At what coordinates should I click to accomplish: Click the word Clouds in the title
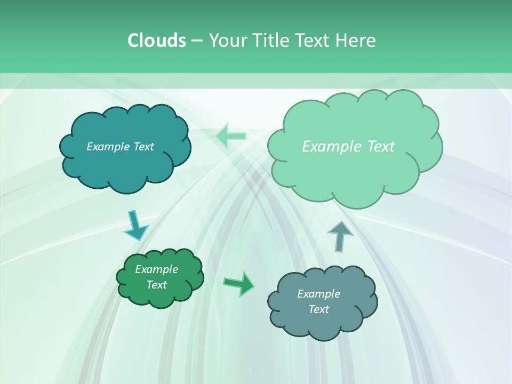pyautogui.click(x=156, y=41)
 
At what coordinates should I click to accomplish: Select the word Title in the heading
pyautogui.click(x=270, y=41)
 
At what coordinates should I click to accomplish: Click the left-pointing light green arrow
pyautogui.click(x=231, y=137)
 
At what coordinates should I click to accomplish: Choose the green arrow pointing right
pyautogui.click(x=239, y=283)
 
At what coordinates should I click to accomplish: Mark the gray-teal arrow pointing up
pyautogui.click(x=340, y=236)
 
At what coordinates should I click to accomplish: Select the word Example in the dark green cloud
pyautogui.click(x=157, y=269)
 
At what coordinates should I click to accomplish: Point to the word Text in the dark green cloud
pyautogui.click(x=157, y=285)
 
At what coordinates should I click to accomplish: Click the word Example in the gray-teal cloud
pyautogui.click(x=318, y=294)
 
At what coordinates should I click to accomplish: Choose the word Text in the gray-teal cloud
pyautogui.click(x=318, y=309)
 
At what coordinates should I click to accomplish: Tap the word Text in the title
pyautogui.click(x=314, y=41)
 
